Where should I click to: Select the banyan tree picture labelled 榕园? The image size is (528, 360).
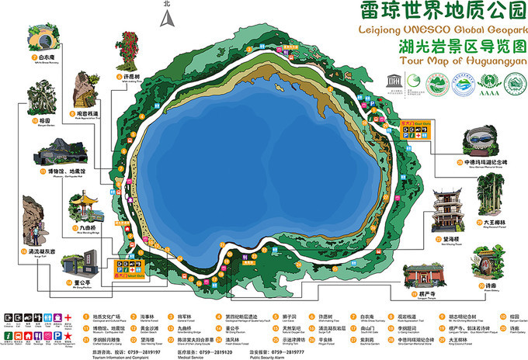click(x=36, y=101)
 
